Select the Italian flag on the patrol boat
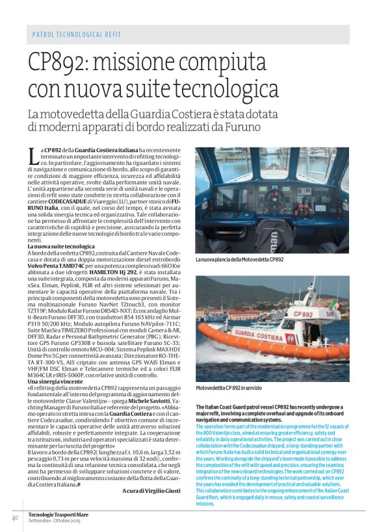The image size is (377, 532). point(334,305)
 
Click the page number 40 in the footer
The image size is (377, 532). point(14,518)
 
